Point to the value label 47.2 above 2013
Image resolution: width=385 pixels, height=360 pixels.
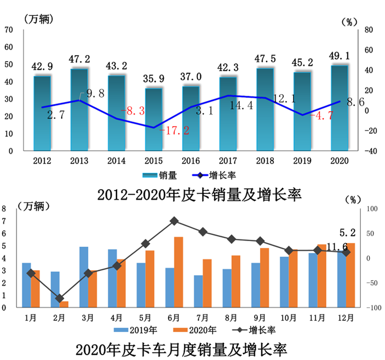click(x=79, y=59)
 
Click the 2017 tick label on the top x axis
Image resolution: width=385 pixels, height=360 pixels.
click(x=228, y=160)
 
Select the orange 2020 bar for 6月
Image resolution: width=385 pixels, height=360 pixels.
click(x=179, y=272)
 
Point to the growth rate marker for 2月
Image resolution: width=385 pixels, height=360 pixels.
click(x=60, y=298)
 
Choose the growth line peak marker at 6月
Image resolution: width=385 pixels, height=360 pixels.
click(x=174, y=221)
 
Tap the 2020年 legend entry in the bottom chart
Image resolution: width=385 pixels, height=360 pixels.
click(x=194, y=330)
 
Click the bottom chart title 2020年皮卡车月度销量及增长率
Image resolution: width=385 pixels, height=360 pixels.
click(x=182, y=349)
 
